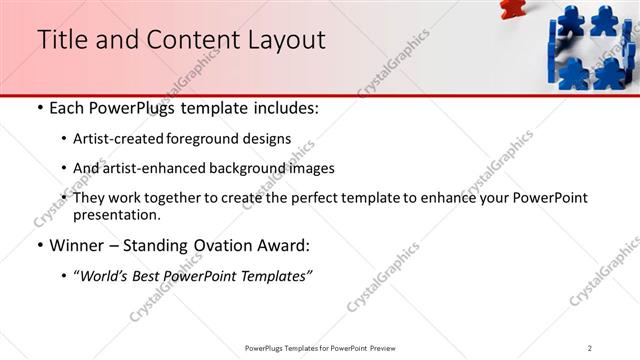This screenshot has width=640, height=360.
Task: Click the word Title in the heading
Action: (x=61, y=39)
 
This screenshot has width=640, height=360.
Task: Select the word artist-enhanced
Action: (x=155, y=168)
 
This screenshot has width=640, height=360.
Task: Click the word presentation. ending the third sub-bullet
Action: (x=116, y=214)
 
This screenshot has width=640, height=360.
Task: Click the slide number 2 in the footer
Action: (x=590, y=348)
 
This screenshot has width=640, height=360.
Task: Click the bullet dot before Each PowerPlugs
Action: (x=39, y=107)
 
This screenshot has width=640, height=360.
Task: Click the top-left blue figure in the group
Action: (x=571, y=20)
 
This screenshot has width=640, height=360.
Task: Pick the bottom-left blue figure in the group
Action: (x=573, y=72)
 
